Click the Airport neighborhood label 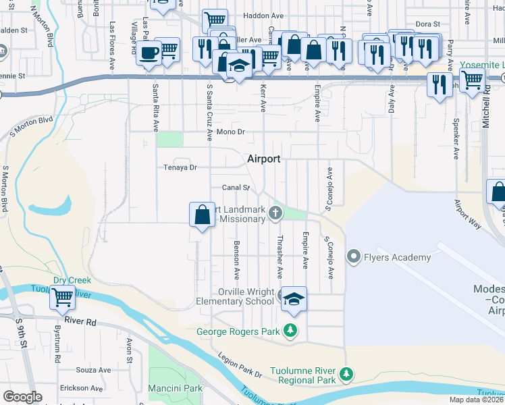point(263,159)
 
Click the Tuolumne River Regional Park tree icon point(346,373)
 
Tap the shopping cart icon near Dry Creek point(62,296)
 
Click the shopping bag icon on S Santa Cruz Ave point(202,215)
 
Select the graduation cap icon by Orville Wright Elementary point(294,298)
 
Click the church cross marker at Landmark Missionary point(275,214)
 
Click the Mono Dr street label point(230,132)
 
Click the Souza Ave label point(93,370)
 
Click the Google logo point(22,397)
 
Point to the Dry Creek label point(72,280)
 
